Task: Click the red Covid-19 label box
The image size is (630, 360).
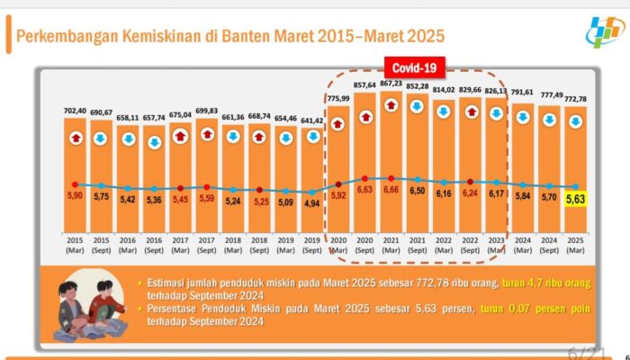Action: click(x=416, y=67)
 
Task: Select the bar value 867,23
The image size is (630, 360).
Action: click(x=391, y=84)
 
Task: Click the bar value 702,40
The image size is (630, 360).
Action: click(x=76, y=111)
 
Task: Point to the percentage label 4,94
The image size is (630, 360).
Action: click(x=311, y=204)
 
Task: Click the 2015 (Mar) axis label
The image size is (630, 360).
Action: click(x=76, y=245)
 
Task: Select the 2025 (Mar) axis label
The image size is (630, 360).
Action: click(x=574, y=245)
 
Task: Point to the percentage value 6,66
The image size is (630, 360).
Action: click(x=391, y=191)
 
